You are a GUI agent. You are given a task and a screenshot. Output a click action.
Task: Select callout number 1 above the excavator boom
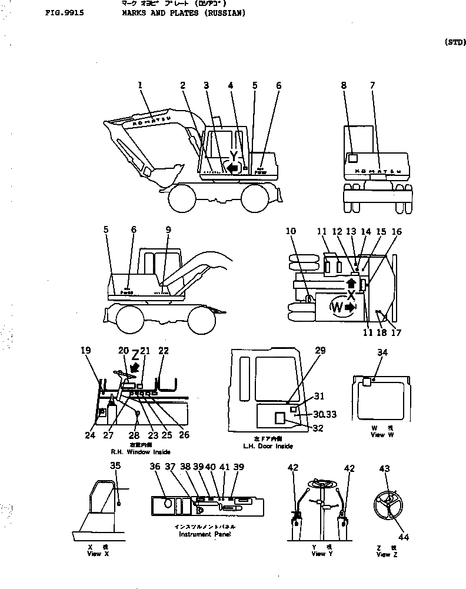click(140, 86)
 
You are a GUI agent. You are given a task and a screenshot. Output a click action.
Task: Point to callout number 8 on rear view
click(344, 86)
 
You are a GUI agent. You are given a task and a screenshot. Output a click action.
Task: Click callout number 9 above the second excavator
click(168, 230)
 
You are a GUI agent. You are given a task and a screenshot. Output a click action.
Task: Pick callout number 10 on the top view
click(291, 232)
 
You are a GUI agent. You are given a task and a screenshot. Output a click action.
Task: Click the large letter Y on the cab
click(234, 157)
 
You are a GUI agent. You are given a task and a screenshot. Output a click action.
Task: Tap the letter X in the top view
click(351, 294)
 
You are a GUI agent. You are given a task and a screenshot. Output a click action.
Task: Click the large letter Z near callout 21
click(135, 355)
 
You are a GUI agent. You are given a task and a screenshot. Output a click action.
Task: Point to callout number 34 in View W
click(382, 352)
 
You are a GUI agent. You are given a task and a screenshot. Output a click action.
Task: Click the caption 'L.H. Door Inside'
click(268, 446)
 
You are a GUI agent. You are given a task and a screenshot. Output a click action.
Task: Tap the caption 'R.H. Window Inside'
click(141, 452)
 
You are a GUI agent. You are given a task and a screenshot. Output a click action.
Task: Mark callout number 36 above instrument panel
click(155, 467)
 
